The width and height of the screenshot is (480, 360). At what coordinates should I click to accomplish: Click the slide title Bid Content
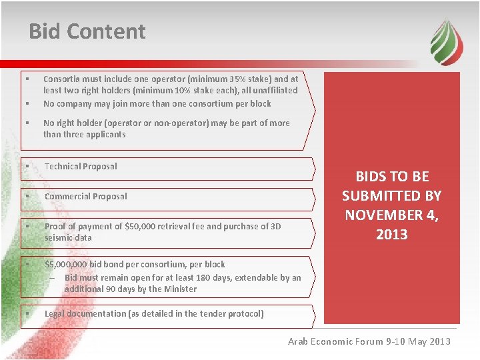[x=87, y=31]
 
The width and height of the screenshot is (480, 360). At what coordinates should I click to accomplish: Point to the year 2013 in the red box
[x=392, y=234]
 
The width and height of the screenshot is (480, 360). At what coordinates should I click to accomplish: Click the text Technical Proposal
[x=81, y=167]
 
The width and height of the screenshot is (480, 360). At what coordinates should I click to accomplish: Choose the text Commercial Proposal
[x=86, y=197]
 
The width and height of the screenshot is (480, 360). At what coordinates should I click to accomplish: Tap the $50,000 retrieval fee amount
[x=139, y=227]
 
